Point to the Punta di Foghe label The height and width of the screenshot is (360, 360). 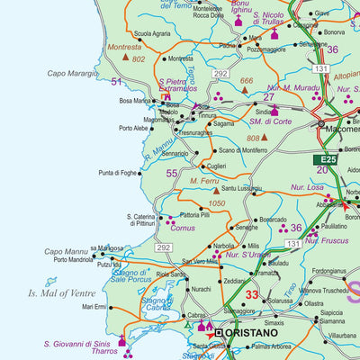[118, 172]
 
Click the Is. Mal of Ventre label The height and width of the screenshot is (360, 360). [60, 292]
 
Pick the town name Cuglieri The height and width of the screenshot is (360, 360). [217, 166]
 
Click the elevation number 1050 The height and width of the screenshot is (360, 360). [217, 204]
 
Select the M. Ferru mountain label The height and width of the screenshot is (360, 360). [206, 181]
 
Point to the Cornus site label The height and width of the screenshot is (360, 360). [184, 229]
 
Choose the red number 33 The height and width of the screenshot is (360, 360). [252, 294]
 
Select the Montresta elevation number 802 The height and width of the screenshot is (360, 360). [138, 58]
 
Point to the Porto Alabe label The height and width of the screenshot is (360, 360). [134, 128]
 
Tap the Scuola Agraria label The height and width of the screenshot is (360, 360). [152, 33]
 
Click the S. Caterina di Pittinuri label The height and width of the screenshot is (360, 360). [133, 220]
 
